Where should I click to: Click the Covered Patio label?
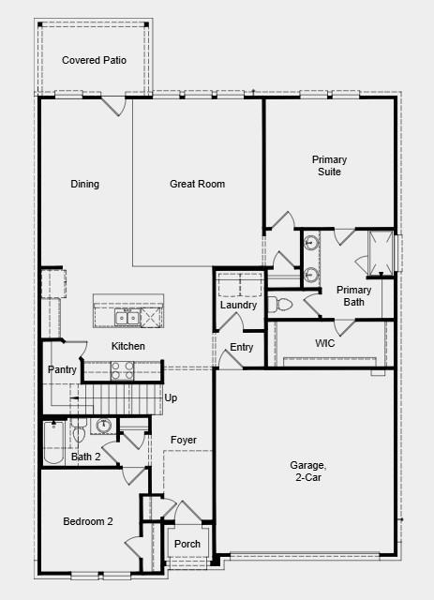click(x=94, y=60)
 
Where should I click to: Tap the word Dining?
click(x=84, y=184)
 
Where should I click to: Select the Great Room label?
click(x=197, y=184)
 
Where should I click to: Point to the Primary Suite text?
click(x=329, y=166)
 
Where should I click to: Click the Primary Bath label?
click(x=354, y=296)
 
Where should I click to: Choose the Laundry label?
click(x=238, y=306)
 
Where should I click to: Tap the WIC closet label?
click(x=325, y=343)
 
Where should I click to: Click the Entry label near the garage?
click(x=242, y=348)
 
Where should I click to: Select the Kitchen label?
click(x=128, y=347)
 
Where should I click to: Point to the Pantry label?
click(x=62, y=370)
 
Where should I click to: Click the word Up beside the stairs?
click(x=171, y=398)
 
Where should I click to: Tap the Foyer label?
click(x=183, y=440)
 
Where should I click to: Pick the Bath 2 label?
click(x=85, y=457)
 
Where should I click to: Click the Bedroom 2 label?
click(x=88, y=521)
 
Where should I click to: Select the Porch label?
click(x=187, y=545)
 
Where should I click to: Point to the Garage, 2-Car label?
click(x=307, y=472)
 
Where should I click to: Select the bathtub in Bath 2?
click(x=54, y=442)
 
